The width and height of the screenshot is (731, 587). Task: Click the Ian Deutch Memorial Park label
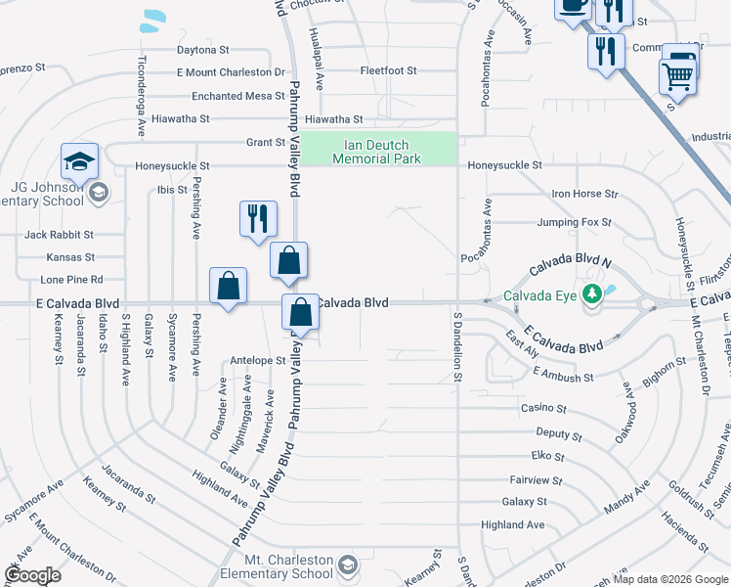click(x=376, y=152)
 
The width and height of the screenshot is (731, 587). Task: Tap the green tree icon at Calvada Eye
click(x=591, y=293)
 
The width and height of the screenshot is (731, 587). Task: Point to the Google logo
click(x=32, y=575)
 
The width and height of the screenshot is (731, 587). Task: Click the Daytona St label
click(x=202, y=50)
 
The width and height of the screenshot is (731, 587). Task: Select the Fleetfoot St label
click(x=388, y=71)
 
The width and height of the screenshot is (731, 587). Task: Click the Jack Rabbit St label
click(x=59, y=235)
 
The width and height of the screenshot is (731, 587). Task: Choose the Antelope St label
click(x=258, y=360)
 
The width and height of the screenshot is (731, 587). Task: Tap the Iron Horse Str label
click(x=585, y=194)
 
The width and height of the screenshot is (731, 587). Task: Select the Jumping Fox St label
click(x=574, y=223)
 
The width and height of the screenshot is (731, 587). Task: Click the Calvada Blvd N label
click(x=570, y=266)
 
